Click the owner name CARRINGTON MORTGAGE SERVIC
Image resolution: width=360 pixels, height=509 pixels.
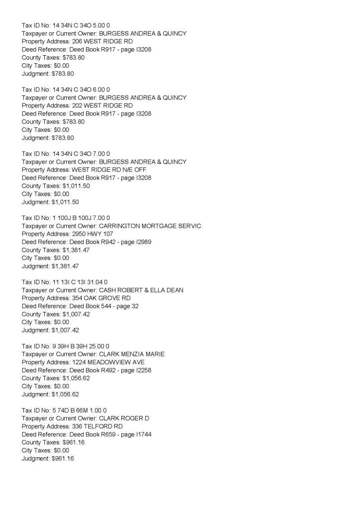(x=150, y=226)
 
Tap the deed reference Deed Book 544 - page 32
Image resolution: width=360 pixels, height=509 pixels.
(x=106, y=306)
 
